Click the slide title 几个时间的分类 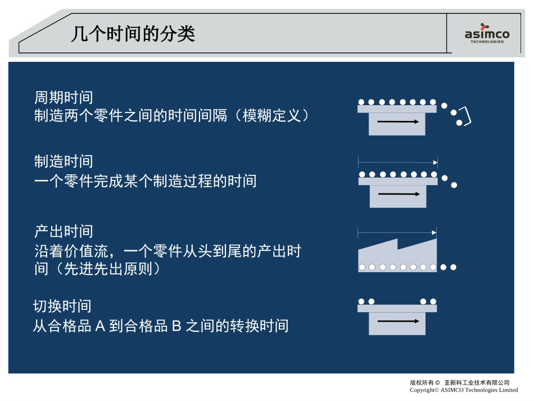click(133, 34)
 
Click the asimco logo click(487, 33)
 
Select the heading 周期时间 click(64, 97)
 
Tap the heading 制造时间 click(64, 161)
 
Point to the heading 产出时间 click(64, 232)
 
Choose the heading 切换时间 click(62, 307)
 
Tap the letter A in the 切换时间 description click(100, 326)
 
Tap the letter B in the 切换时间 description click(177, 326)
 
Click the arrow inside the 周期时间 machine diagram click(398, 121)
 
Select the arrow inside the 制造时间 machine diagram click(399, 194)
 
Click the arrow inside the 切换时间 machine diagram click(399, 321)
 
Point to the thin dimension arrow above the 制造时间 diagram click(398, 163)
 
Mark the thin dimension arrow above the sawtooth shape click(397, 233)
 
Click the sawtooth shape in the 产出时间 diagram click(397, 255)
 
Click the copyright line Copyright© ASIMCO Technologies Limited click(464, 390)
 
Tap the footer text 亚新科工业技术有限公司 click(477, 382)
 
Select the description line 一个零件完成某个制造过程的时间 click(146, 181)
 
